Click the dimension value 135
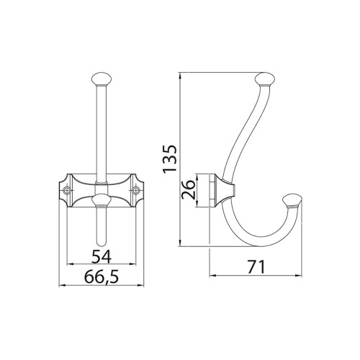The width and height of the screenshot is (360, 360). click(171, 159)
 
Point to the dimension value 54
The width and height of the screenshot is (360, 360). click(101, 255)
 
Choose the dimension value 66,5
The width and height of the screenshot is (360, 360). click(100, 276)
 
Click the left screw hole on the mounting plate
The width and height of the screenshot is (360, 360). click(68, 192)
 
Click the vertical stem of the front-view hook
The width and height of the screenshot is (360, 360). click(101, 130)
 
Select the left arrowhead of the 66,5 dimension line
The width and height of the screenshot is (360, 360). click(60, 285)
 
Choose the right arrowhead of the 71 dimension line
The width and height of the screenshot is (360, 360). click(300, 276)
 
